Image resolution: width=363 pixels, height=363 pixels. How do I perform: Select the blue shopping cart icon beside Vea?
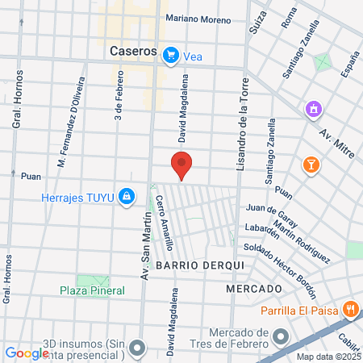coord(170,55)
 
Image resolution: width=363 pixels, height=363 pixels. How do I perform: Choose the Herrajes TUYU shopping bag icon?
coord(127,195)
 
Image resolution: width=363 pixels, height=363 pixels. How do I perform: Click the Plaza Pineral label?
coord(92,290)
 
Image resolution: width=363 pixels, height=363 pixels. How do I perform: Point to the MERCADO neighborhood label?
coord(254,289)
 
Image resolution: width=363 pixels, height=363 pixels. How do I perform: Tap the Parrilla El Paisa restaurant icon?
coord(350,308)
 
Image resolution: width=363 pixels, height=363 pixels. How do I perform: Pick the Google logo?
coord(27,353)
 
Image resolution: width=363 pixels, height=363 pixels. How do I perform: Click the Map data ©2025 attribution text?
coord(328,357)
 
